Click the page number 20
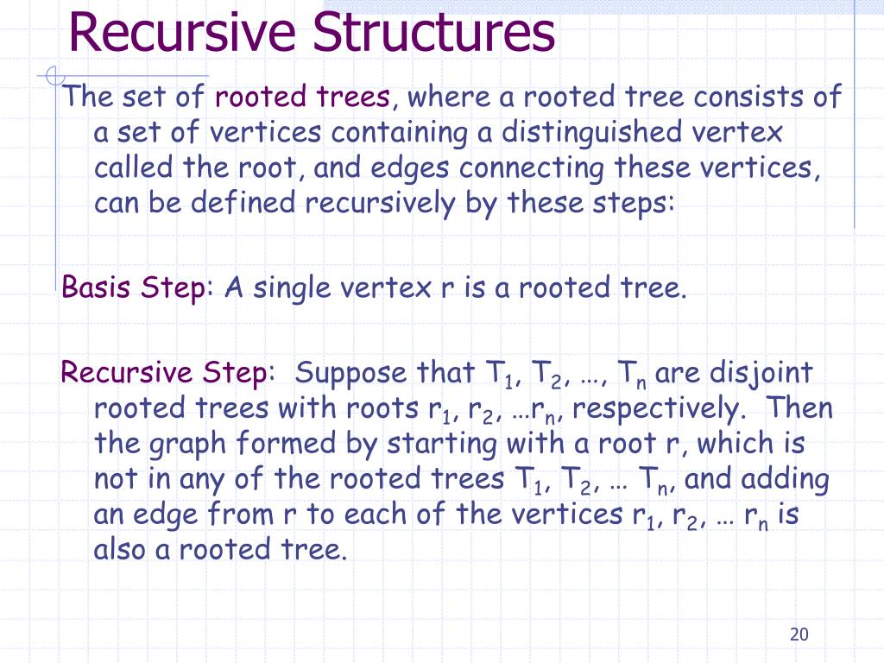point(799,635)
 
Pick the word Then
point(799,407)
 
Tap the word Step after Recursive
point(234,374)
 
